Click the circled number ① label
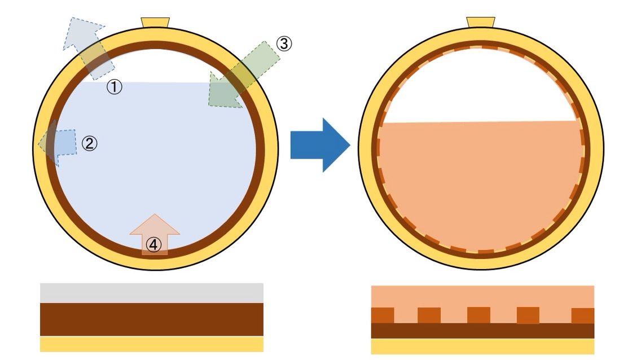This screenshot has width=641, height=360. (115, 87)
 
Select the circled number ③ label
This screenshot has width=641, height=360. (284, 43)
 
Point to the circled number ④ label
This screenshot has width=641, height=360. (154, 244)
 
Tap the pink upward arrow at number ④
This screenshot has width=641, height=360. (154, 231)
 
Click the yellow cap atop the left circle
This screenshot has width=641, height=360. (155, 22)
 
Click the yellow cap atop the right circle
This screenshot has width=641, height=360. (481, 22)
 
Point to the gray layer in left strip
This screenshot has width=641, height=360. (151, 293)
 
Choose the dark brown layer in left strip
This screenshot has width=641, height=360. (151, 319)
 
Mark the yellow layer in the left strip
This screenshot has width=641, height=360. (151, 344)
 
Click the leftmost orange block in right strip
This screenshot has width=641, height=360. (382, 315)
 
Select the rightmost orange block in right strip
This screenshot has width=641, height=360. (583, 315)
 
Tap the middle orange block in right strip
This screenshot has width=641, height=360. (478, 315)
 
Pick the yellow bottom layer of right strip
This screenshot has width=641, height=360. (482, 346)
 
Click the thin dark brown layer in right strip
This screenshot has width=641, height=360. (482, 331)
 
